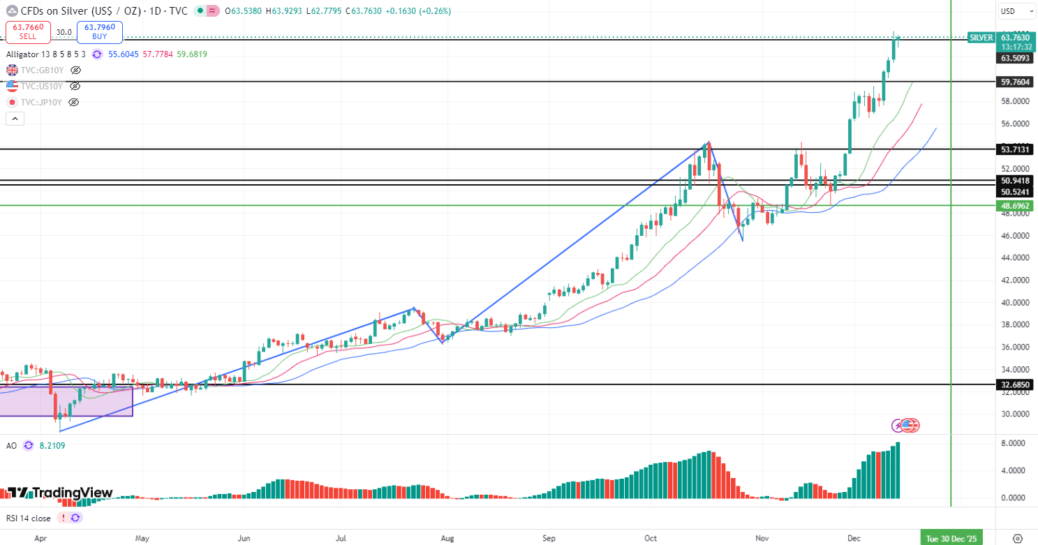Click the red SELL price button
point(29,32)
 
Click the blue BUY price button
point(100,32)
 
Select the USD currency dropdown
point(1015,11)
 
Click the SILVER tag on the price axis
point(981,38)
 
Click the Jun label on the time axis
point(244,538)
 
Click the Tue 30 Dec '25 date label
point(951,538)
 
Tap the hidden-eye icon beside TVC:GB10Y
point(75,70)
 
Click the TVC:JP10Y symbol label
point(41,102)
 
